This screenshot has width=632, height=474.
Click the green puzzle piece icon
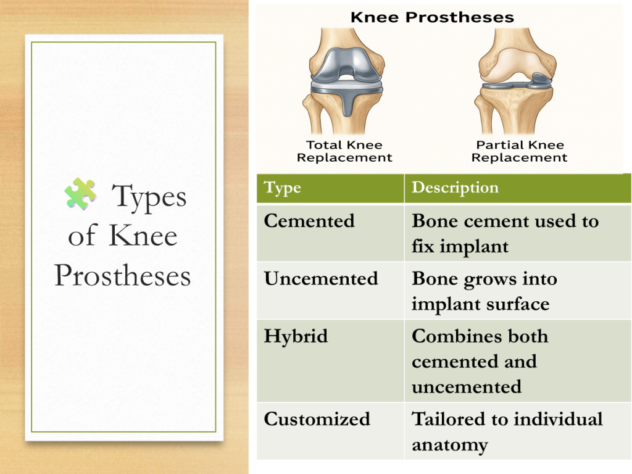coord(81,194)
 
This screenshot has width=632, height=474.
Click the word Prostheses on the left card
coord(123,276)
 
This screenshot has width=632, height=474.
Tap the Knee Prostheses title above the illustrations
coord(432,17)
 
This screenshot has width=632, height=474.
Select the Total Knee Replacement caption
coord(344,151)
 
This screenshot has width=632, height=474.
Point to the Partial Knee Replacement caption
coord(520,151)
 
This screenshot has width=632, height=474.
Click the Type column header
coord(282,188)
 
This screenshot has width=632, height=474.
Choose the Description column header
coord(455,188)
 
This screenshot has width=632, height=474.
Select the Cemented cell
coord(309,221)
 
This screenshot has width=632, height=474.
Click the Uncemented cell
coord(321,278)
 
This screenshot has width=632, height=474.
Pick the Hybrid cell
coord(296,337)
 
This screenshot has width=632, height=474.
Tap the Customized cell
coord(317,419)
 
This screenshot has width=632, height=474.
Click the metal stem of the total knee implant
coord(347,104)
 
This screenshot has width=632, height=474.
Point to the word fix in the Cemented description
coord(422,246)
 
